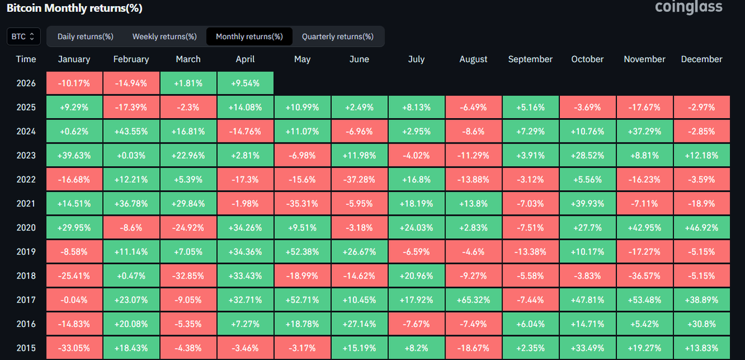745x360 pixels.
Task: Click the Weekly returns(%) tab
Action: click(x=164, y=37)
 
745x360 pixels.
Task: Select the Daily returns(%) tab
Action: click(x=85, y=37)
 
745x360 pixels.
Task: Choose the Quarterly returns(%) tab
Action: click(x=337, y=37)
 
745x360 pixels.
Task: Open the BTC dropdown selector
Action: click(x=24, y=37)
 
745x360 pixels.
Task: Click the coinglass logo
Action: click(x=688, y=7)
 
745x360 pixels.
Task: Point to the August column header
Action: click(x=473, y=60)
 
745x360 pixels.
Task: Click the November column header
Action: click(x=644, y=60)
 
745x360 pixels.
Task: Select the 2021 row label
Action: click(x=26, y=204)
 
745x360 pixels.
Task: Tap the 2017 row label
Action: click(x=26, y=300)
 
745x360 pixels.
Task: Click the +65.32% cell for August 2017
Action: click(x=473, y=300)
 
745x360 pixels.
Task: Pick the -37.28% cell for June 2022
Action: click(x=359, y=180)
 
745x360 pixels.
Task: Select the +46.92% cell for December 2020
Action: click(x=702, y=228)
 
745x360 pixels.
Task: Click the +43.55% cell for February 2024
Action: click(x=131, y=132)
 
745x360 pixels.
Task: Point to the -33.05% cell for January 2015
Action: click(x=74, y=348)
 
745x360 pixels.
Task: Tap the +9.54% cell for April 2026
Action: click(x=245, y=83)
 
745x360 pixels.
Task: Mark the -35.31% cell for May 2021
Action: click(x=302, y=204)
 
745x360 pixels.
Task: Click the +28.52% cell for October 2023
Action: click(x=587, y=155)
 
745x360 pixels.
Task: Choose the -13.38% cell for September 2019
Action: click(x=530, y=252)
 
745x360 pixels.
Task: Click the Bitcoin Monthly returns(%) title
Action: click(x=75, y=9)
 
